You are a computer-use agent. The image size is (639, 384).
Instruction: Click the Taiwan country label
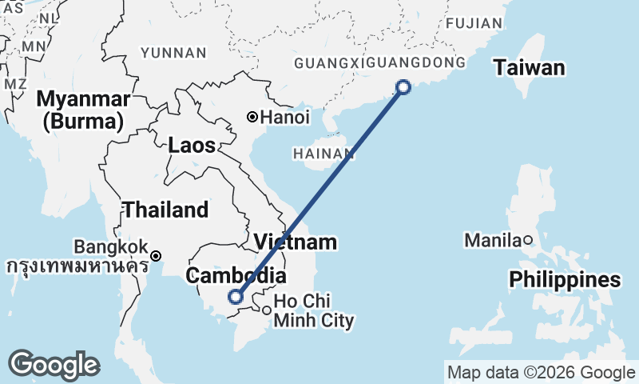(529, 68)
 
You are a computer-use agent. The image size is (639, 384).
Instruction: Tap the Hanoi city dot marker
(252, 117)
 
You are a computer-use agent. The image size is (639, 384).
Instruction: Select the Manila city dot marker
(528, 239)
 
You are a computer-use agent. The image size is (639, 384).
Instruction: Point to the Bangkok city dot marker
(157, 256)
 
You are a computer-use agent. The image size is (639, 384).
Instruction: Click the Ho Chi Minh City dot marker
(267, 310)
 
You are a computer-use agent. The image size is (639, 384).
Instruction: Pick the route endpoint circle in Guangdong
(403, 86)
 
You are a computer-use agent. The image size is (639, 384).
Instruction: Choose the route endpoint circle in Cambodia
(235, 296)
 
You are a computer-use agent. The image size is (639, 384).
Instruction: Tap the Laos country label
(192, 146)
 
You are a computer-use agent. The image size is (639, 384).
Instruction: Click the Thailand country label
(165, 210)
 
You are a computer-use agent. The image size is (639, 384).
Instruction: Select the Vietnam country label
(296, 242)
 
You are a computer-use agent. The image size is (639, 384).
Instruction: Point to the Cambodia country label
(236, 276)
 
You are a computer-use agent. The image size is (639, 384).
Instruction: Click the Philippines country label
(566, 280)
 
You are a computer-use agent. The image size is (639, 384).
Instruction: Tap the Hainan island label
(323, 153)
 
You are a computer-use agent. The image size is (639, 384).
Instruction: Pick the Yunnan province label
(173, 53)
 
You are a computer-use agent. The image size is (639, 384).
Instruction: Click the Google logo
(54, 365)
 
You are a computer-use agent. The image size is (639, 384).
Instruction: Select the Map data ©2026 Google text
(541, 372)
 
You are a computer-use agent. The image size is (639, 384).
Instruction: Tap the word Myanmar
(83, 100)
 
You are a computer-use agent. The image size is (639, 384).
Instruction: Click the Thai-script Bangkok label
(77, 266)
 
